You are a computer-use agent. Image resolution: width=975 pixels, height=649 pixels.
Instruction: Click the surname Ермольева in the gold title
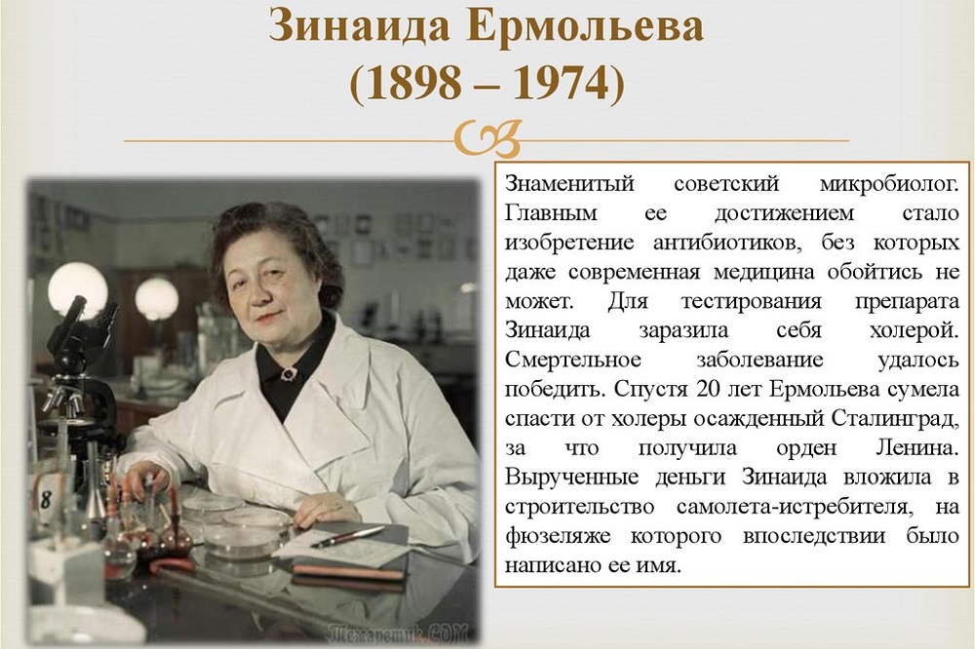585,26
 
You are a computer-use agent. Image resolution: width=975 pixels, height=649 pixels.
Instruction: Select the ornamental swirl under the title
487,138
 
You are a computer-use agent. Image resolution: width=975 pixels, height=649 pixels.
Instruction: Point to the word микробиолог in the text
889,184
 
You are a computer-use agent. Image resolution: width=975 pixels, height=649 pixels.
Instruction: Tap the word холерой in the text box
915,330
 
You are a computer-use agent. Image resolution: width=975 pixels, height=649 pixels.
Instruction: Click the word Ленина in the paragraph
916,448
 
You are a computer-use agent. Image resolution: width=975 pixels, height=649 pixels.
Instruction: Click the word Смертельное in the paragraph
572,360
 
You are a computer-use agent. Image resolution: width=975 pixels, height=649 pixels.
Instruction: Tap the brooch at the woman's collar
289,373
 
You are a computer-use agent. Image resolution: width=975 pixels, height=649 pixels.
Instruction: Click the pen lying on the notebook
348,536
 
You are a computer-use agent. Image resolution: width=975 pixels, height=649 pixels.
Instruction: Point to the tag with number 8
49,497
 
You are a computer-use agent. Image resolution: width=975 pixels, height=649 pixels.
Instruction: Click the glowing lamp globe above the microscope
78,289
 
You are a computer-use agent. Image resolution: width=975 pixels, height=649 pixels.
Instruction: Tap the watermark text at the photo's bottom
397,632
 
